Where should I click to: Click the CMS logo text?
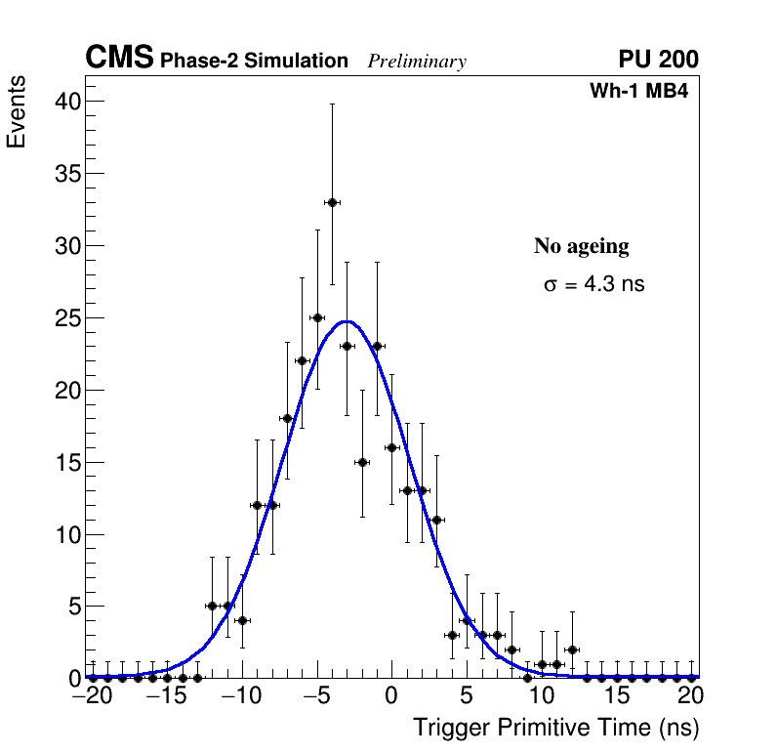[x=119, y=59]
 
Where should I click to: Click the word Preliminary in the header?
[x=417, y=62]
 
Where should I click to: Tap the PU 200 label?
[x=658, y=60]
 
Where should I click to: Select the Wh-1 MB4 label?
[x=639, y=92]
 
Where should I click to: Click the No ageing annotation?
[x=581, y=246]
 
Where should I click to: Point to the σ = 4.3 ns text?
[x=593, y=284]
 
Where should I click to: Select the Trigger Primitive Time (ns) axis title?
[x=555, y=729]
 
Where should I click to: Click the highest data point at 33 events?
[x=332, y=202]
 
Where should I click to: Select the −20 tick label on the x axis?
[x=93, y=696]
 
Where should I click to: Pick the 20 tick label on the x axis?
[x=690, y=696]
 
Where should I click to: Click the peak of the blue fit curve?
[x=347, y=320]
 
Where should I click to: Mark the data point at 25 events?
[x=317, y=317]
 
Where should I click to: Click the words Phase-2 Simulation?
[x=254, y=62]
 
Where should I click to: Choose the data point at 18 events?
[x=287, y=418]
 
